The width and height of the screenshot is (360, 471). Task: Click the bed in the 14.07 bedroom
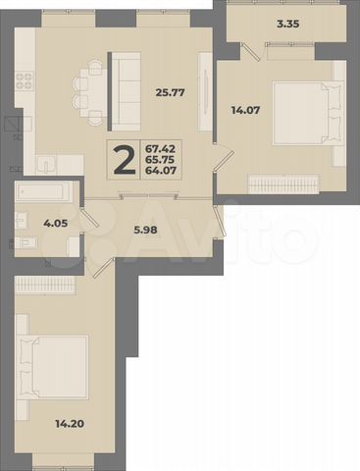tap(307, 117)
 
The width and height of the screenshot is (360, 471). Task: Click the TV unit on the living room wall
tap(204, 93)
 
